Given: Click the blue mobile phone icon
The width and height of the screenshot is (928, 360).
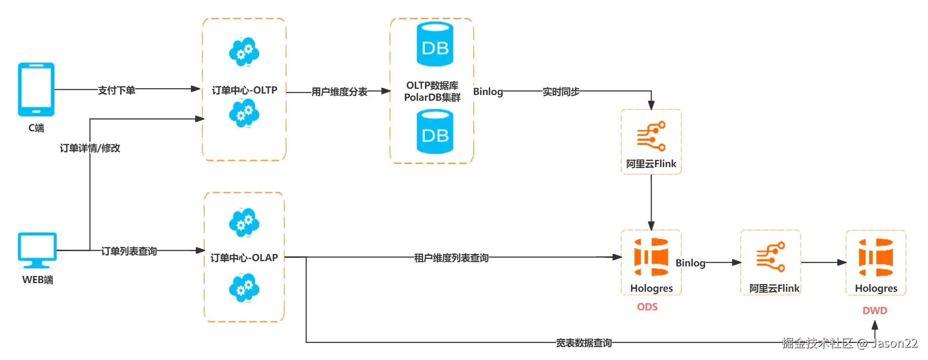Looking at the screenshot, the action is click(36, 89).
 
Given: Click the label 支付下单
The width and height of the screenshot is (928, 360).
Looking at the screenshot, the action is click(116, 90).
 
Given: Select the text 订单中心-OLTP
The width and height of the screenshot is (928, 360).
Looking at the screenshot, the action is click(244, 90).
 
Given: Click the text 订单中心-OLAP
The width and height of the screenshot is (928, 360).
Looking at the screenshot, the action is click(244, 258).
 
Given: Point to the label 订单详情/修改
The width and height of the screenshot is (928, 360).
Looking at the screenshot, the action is click(90, 148).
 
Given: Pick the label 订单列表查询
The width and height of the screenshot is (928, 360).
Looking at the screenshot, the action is click(129, 251).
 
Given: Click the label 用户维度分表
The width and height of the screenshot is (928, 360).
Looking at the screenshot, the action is click(339, 92).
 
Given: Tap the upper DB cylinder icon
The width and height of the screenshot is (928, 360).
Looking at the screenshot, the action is click(435, 44).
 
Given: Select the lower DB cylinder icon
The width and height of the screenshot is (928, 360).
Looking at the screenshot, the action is click(435, 132).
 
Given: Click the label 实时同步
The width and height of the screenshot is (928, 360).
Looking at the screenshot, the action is click(561, 92).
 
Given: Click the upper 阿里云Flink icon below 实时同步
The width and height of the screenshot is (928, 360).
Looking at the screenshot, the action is click(651, 136).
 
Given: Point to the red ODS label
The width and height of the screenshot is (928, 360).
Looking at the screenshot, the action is click(647, 307).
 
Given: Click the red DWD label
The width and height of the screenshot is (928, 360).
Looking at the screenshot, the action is click(875, 311).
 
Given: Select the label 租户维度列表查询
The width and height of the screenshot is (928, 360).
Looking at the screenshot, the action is click(451, 258).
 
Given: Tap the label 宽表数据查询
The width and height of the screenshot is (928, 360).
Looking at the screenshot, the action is click(584, 343).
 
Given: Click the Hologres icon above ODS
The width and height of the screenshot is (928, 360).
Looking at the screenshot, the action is click(651, 257).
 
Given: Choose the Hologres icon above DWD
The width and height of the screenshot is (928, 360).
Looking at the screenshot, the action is click(876, 257).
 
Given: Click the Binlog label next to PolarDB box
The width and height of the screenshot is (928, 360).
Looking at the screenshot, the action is click(488, 92).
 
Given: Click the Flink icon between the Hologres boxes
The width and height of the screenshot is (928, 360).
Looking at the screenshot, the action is click(770, 257).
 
